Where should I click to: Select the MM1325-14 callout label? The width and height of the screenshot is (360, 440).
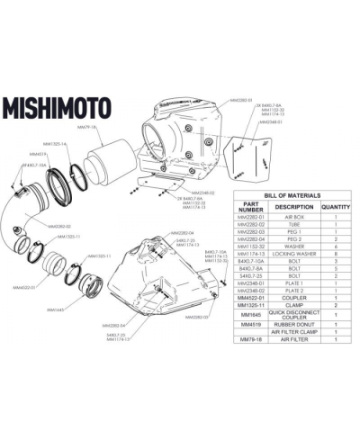[x=55, y=144]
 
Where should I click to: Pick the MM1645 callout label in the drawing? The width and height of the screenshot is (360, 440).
[x=53, y=309]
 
